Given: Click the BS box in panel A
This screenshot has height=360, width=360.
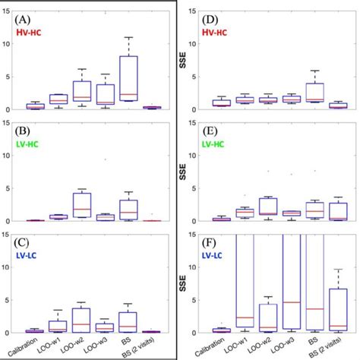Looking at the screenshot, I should tap(129, 78).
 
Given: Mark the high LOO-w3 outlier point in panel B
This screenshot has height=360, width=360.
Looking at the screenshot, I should tap(106, 159).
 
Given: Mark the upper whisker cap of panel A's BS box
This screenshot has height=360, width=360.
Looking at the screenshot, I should tap(129, 37).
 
